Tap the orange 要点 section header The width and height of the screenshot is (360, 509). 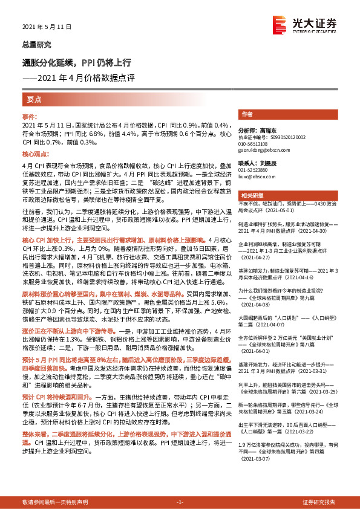coord(34,99)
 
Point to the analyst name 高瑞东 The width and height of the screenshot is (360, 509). coord(265,130)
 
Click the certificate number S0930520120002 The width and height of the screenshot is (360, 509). coord(286,137)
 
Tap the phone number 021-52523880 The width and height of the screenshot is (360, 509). coord(256,170)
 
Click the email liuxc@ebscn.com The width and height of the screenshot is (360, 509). coord(257,177)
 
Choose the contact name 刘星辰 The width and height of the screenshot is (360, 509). coord(264,163)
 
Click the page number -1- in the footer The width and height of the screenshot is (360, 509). coord(180,502)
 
